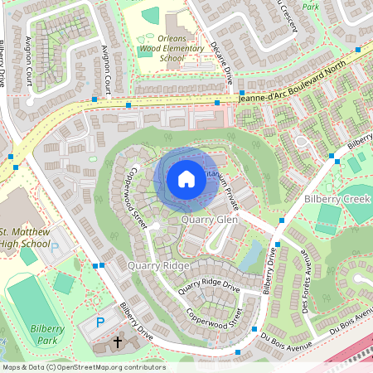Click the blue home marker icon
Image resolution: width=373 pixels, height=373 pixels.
tap(186, 178)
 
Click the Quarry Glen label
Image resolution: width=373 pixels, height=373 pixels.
tap(209, 220)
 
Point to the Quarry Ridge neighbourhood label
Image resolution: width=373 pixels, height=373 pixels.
tap(158, 265)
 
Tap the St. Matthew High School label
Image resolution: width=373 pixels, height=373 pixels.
tap(26, 236)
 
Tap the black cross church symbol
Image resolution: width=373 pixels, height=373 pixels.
tap(117, 341)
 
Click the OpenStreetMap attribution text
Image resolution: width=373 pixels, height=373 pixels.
tap(83, 367)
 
